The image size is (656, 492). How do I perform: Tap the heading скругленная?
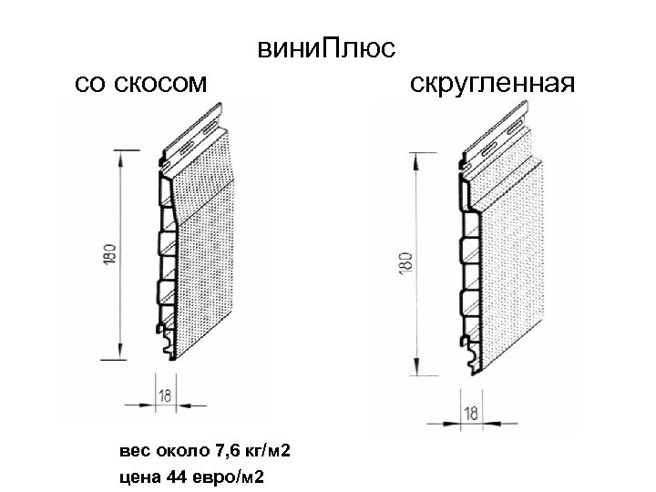pos(493,84)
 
